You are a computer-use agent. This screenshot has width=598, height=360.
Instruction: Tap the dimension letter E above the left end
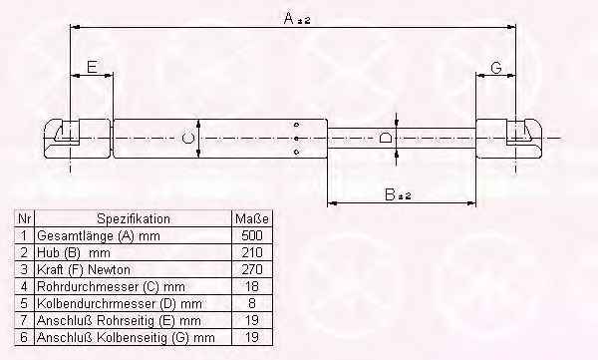tap(92, 67)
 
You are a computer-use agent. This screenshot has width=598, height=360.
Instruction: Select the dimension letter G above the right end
tap(495, 68)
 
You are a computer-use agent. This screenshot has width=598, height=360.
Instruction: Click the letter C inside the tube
tap(187, 138)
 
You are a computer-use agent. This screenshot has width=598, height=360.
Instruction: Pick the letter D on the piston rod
tap(385, 138)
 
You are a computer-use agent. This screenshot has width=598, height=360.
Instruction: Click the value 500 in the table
tap(252, 235)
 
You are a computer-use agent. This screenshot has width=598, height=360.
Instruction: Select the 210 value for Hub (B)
tap(252, 252)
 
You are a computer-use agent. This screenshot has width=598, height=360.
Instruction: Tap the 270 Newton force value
tap(252, 269)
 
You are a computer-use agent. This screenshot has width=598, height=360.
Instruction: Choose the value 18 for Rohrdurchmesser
tap(252, 286)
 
